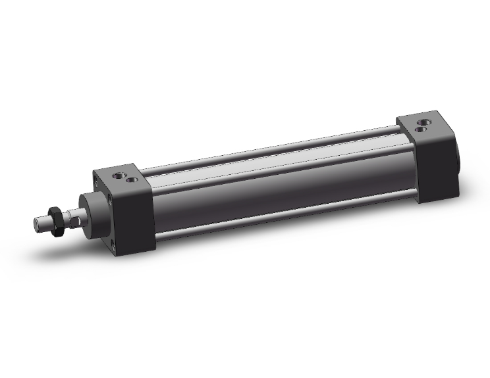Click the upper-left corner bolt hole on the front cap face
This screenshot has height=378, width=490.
96,180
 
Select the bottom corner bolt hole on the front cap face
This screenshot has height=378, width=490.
113,246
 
